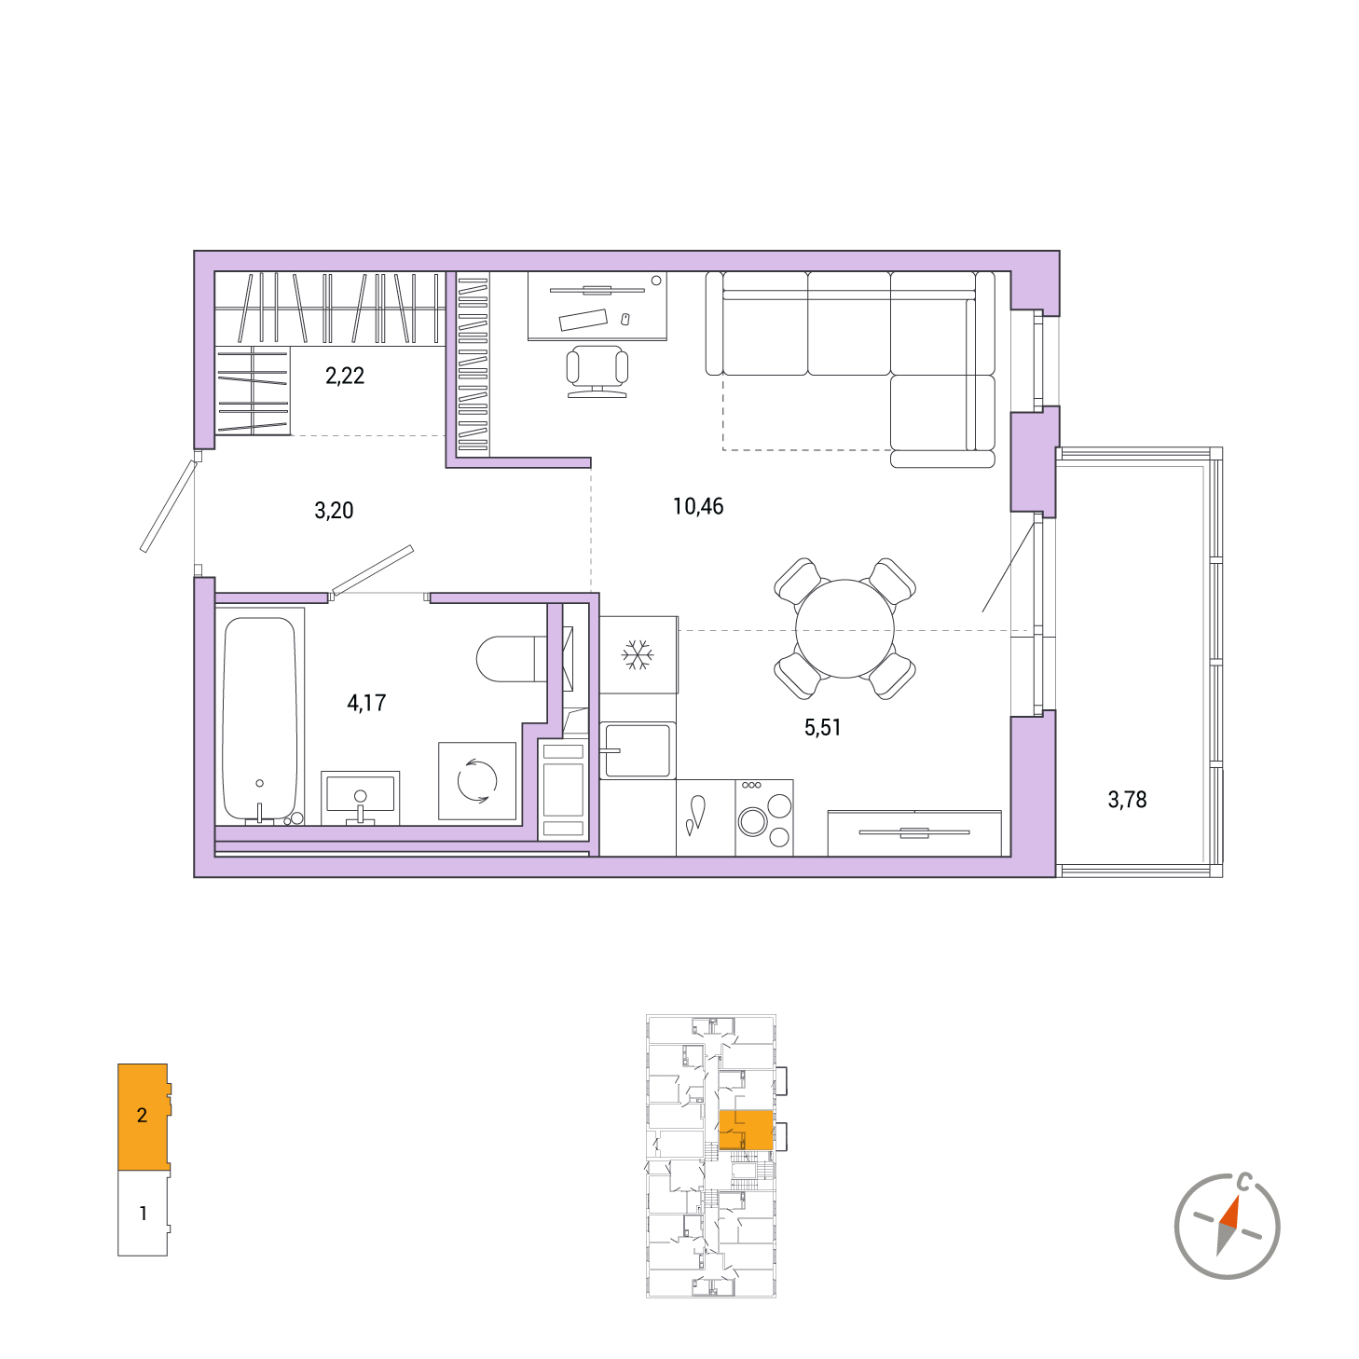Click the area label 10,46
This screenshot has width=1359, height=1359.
click(x=697, y=506)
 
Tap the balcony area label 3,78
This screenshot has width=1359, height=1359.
click(x=1127, y=800)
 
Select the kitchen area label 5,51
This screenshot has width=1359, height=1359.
click(x=822, y=727)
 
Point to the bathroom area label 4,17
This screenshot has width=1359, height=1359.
click(x=366, y=703)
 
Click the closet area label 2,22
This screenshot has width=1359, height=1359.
click(x=345, y=376)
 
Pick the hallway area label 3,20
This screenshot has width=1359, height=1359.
click(x=334, y=510)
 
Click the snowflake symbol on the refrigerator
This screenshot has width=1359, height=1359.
click(x=637, y=655)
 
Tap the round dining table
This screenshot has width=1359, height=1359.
click(x=844, y=628)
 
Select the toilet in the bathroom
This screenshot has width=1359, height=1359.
click(x=512, y=659)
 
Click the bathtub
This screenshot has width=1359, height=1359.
click(x=259, y=719)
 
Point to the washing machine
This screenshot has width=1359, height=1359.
click(x=477, y=781)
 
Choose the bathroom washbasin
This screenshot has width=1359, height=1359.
click(x=361, y=798)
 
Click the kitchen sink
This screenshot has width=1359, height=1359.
click(x=638, y=751)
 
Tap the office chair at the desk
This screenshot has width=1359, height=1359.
click(x=597, y=371)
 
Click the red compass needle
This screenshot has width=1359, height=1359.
click(x=1230, y=1221)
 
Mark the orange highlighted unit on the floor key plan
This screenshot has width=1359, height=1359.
click(x=746, y=1130)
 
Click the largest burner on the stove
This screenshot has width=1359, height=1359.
click(x=752, y=822)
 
